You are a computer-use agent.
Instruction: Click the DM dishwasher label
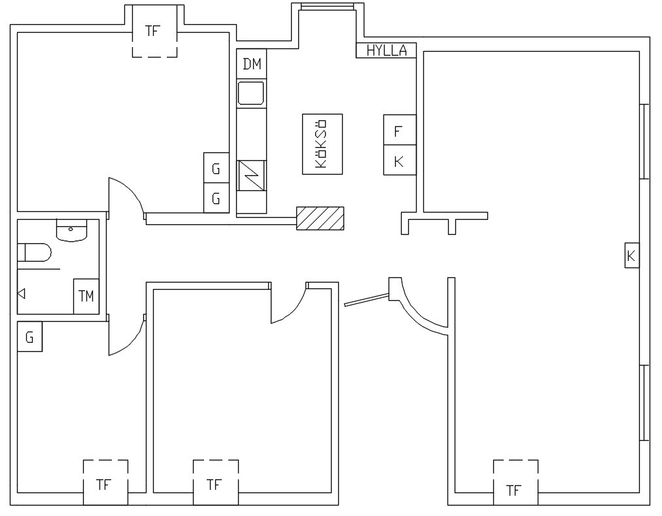tap(252, 64)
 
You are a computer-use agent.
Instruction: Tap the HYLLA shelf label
tap(387, 50)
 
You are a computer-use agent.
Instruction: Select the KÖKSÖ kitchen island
tap(322, 144)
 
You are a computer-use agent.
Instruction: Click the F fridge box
tap(400, 129)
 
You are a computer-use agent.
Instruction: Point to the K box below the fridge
tap(400, 160)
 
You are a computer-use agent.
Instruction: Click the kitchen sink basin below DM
tap(251, 93)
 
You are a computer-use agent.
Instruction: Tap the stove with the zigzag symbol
tap(251, 175)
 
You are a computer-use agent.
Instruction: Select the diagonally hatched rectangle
tap(320, 218)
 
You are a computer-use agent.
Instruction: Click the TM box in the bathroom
tap(86, 296)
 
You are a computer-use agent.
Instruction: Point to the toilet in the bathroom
tap(34, 252)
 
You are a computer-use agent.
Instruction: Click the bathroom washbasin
tap(71, 230)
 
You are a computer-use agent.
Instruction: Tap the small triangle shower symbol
tap(21, 293)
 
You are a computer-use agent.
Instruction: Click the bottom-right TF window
tap(515, 482)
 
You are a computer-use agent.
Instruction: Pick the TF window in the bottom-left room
tap(105, 482)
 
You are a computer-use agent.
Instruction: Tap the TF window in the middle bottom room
tap(216, 482)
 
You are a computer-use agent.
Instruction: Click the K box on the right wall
tap(632, 256)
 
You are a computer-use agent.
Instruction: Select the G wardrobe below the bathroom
tap(29, 337)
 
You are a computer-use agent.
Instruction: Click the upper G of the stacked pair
tap(216, 167)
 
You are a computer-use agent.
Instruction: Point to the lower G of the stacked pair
tap(216, 198)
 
